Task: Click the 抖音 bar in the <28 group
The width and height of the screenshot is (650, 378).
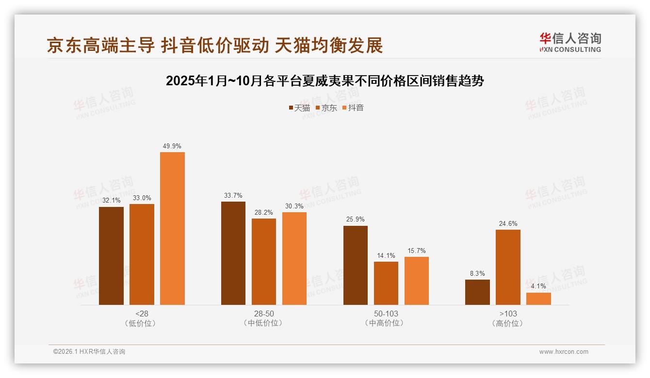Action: (172, 228)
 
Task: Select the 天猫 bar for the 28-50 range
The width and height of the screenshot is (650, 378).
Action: (233, 253)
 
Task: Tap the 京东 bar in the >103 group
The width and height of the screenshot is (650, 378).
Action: (508, 267)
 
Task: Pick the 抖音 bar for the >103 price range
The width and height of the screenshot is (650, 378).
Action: (538, 299)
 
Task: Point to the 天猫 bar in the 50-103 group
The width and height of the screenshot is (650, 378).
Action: (356, 265)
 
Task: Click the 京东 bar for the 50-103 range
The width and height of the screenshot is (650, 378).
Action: (386, 283)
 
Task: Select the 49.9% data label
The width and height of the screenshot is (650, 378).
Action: (172, 146)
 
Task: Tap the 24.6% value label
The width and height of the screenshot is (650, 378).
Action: (508, 223)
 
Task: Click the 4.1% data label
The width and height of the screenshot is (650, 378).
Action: (538, 286)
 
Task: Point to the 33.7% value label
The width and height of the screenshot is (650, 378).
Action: (233, 195)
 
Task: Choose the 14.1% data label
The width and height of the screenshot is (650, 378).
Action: (386, 255)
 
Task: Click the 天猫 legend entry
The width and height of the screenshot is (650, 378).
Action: (299, 108)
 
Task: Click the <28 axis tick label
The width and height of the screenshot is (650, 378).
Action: (142, 314)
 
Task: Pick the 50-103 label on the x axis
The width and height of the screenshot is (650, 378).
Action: (386, 314)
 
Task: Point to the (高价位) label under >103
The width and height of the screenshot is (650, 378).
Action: (508, 323)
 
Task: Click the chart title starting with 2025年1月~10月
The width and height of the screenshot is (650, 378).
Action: (325, 80)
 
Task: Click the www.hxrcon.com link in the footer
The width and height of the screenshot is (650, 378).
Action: (564, 352)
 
